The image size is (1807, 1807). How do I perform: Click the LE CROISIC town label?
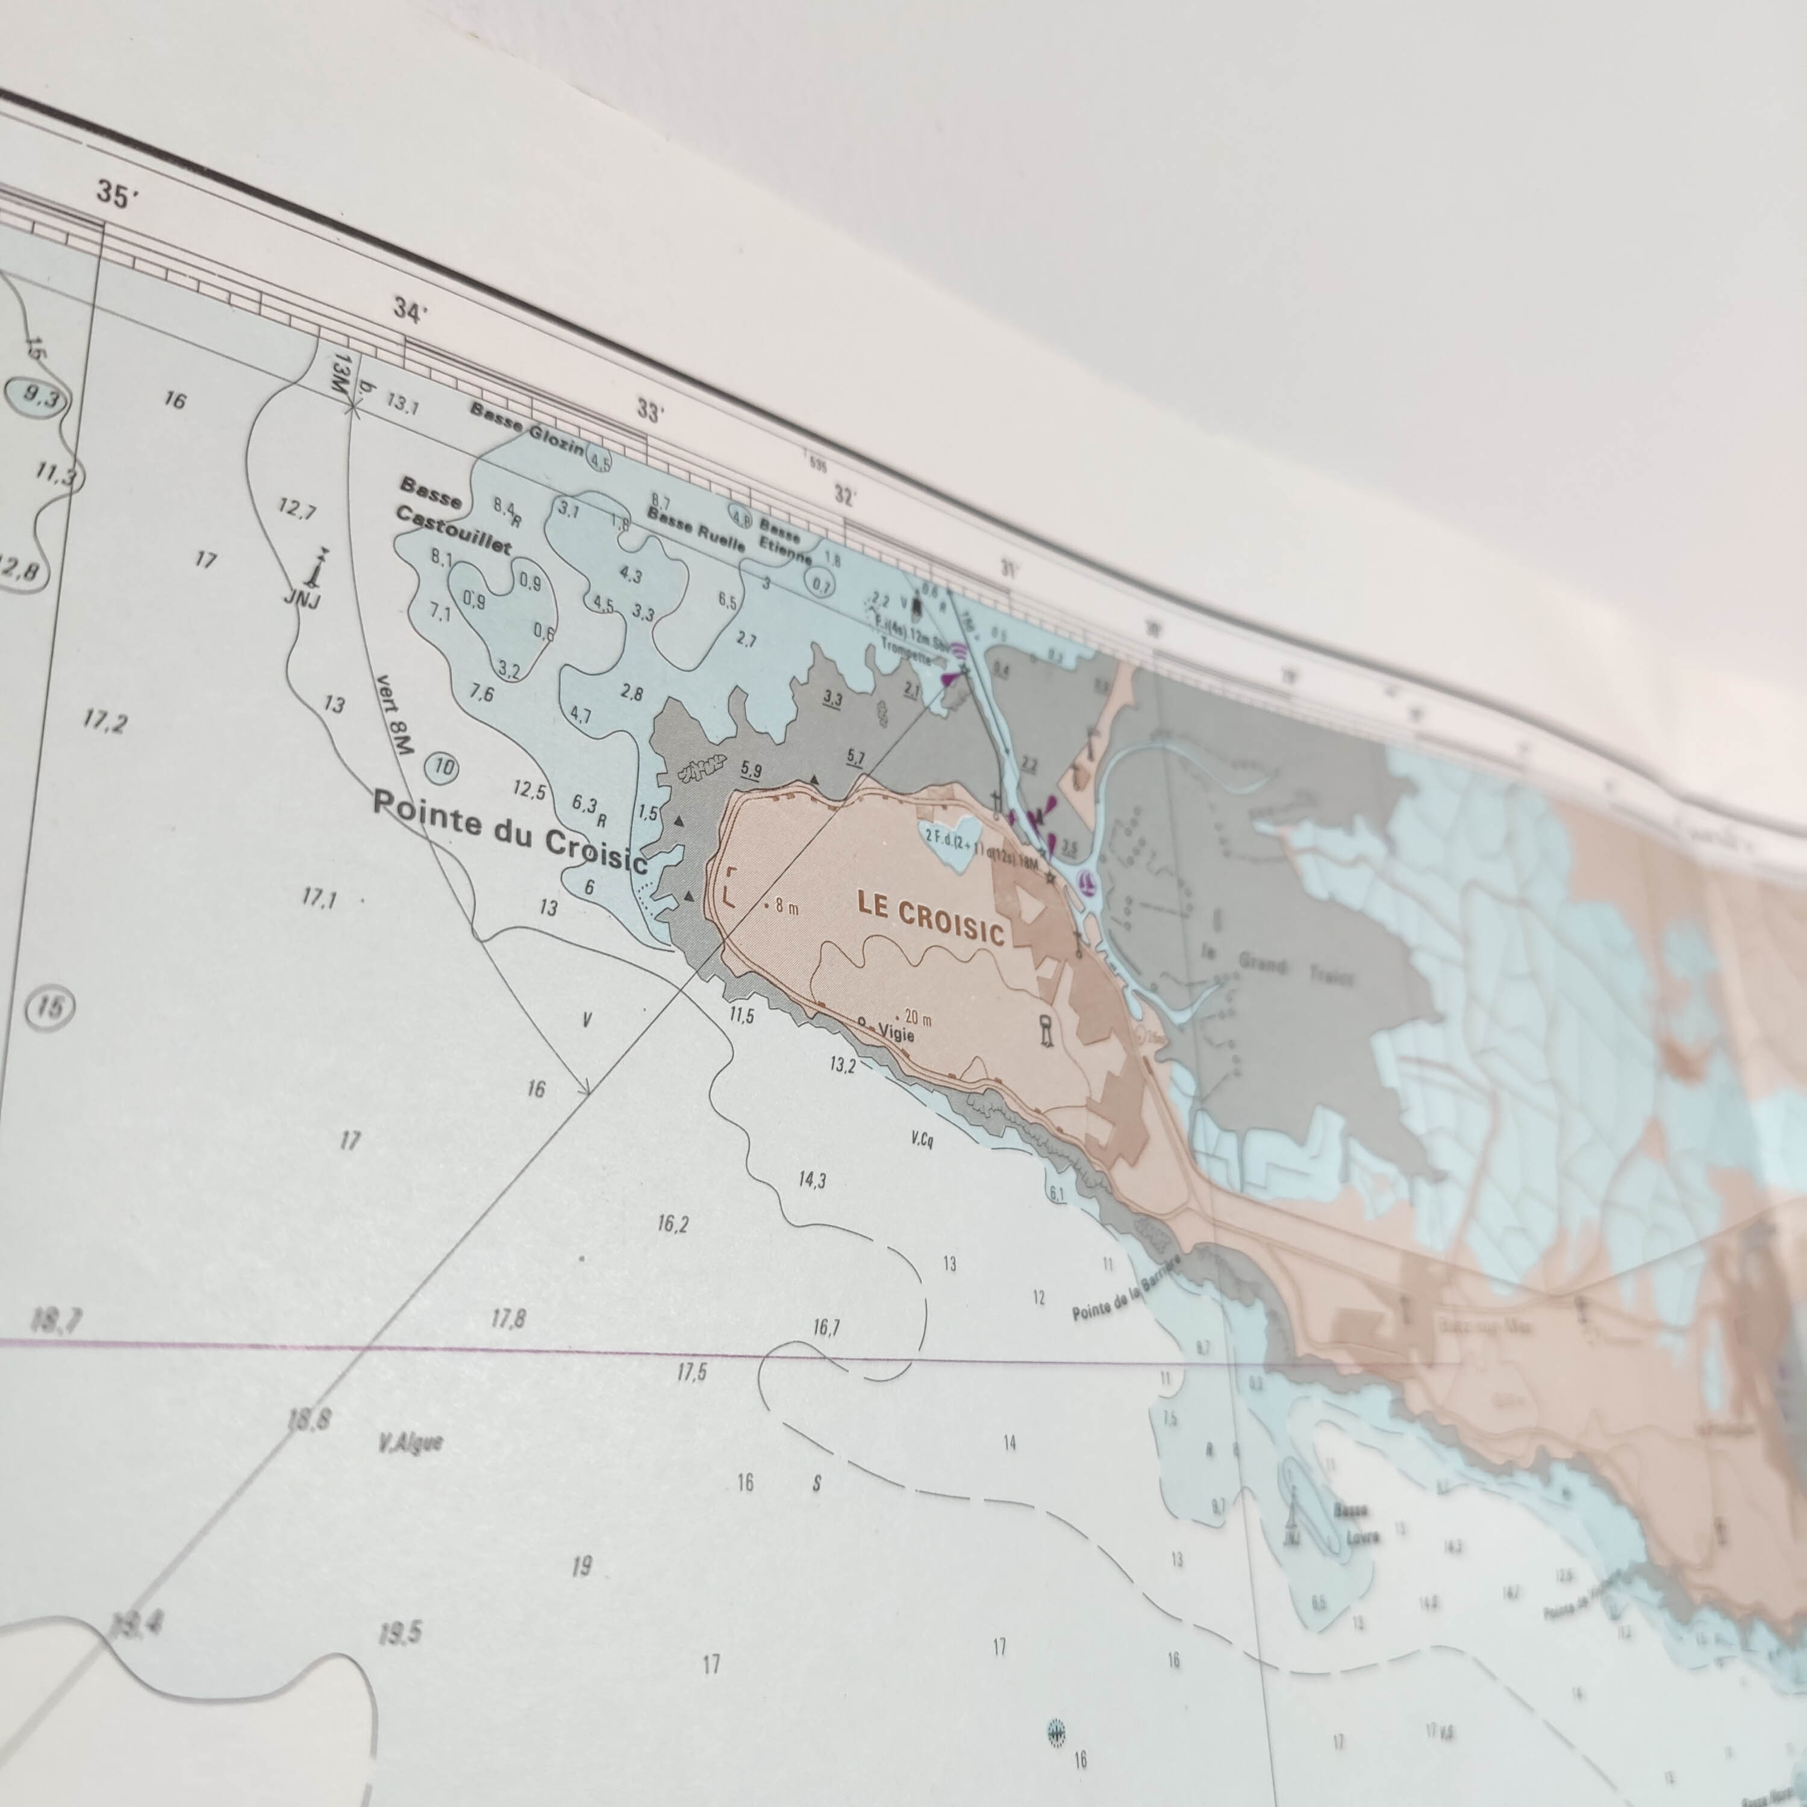point(931,922)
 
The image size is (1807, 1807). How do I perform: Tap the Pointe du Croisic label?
point(510,831)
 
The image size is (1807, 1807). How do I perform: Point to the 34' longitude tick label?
point(410,310)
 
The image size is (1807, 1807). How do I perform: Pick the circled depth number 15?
point(51,1007)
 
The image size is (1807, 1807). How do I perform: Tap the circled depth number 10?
point(442,769)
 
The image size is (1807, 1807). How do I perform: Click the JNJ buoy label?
point(302,598)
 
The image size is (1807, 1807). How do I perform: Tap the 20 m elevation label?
point(917,1017)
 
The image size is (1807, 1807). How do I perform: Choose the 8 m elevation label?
point(785,907)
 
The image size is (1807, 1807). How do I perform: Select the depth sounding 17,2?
point(105,721)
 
